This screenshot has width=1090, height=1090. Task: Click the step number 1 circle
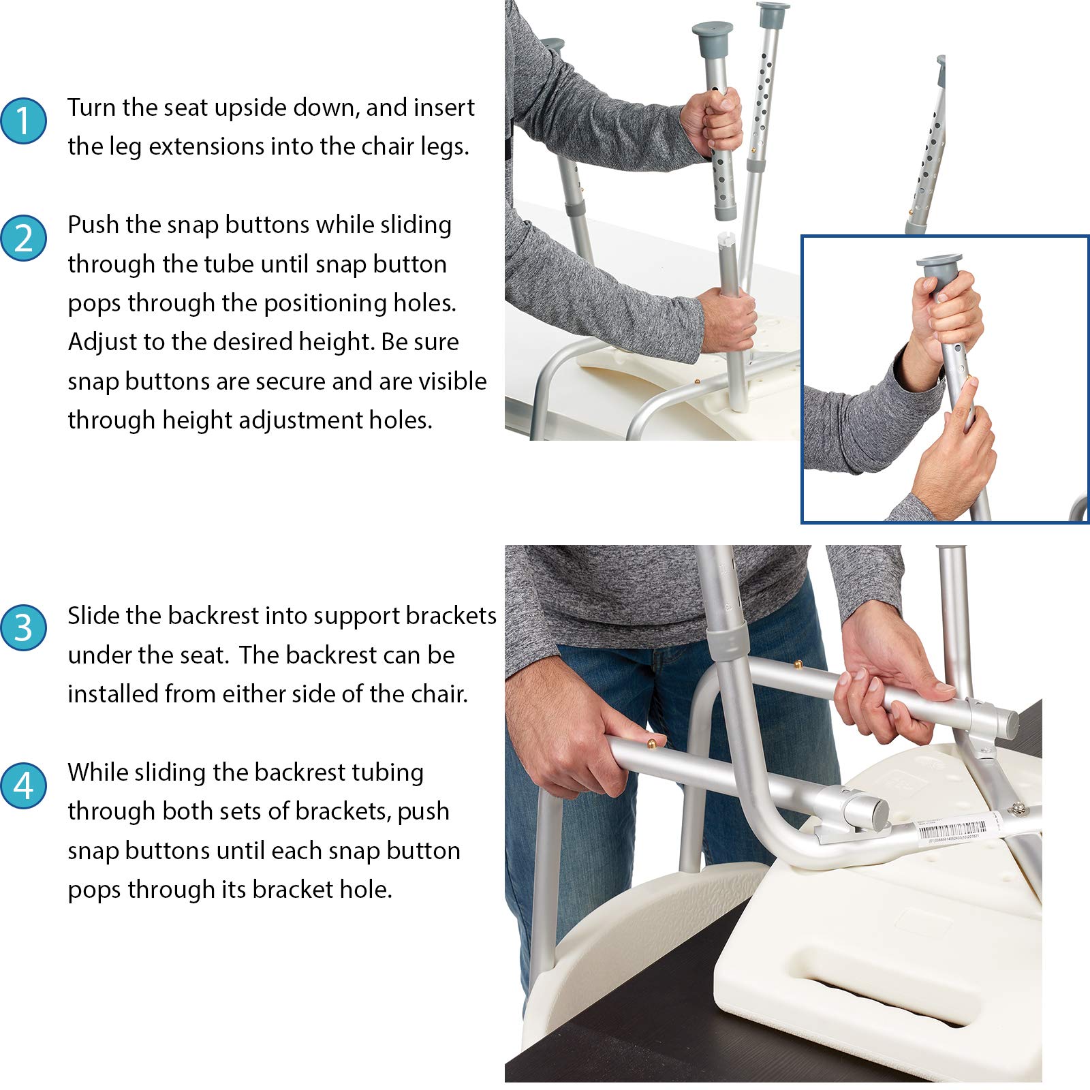pos(24,121)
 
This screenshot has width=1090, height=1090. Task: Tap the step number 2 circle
pos(24,238)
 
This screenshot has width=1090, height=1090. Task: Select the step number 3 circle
pos(24,627)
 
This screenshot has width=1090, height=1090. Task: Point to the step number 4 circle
pos(24,785)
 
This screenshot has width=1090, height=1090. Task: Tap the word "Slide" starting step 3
pos(93,615)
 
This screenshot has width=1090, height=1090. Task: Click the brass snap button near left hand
pos(651,743)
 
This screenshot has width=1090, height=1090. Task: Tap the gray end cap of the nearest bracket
pos(876,811)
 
